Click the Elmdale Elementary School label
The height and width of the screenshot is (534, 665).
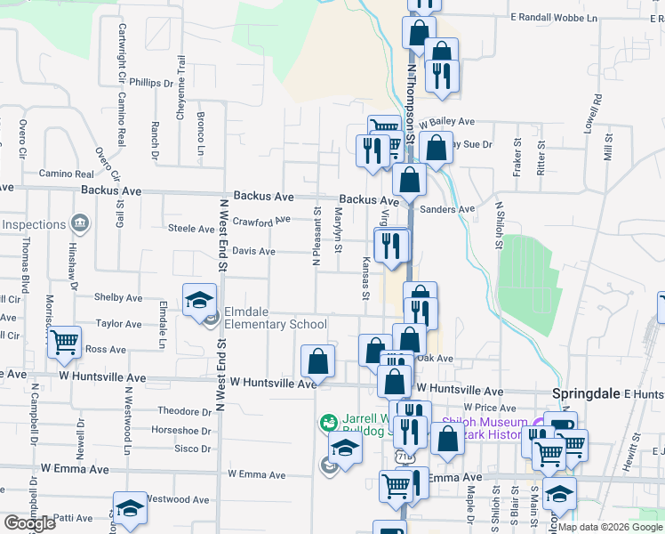pyautogui.click(x=275, y=319)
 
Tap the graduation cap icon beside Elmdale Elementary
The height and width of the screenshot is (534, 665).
pyautogui.click(x=200, y=299)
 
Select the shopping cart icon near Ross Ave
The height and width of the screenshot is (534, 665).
pyautogui.click(x=65, y=343)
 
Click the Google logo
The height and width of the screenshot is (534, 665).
pyautogui.click(x=29, y=523)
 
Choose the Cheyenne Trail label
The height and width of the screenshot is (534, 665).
pyautogui.click(x=181, y=77)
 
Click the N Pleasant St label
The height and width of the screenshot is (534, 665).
pyautogui.click(x=316, y=237)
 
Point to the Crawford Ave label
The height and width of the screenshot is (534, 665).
pyautogui.click(x=261, y=221)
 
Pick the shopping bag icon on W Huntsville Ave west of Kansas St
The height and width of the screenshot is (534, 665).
pyautogui.click(x=318, y=360)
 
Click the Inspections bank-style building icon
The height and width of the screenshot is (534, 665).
pyautogui.click(x=80, y=222)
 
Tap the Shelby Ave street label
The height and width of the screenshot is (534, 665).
pyautogui.click(x=118, y=298)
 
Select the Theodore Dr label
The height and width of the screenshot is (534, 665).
pyautogui.click(x=184, y=411)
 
